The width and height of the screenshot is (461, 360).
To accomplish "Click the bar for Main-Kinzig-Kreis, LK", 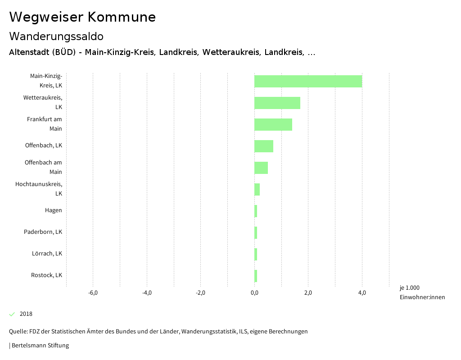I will click(308, 81).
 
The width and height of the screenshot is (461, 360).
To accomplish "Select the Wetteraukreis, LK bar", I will click(277, 103).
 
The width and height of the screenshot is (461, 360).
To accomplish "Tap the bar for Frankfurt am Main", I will click(273, 124).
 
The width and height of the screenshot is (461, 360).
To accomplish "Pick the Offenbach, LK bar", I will click(264, 146).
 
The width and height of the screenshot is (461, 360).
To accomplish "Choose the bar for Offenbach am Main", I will click(261, 168).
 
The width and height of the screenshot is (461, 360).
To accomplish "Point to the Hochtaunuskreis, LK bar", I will click(257, 189).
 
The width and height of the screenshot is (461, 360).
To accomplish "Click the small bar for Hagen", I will click(256, 211).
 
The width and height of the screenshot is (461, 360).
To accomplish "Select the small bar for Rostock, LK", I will click(256, 276).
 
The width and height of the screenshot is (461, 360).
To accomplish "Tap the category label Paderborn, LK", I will click(43, 232).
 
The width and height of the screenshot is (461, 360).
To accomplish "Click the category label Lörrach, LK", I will click(47, 254).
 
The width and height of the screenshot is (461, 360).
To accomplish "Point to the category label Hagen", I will click(53, 210).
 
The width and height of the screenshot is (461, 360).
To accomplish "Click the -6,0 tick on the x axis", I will click(93, 293).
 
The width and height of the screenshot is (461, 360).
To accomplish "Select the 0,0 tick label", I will click(254, 293).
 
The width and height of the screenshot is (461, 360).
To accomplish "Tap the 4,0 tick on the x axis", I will click(362, 293).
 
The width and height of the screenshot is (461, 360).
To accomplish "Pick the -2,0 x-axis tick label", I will click(200, 293).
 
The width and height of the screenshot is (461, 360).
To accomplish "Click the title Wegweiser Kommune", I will click(82, 17).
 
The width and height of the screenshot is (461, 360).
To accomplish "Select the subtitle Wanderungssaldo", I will click(56, 36).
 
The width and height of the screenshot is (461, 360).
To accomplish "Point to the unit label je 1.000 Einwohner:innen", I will click(422, 292).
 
